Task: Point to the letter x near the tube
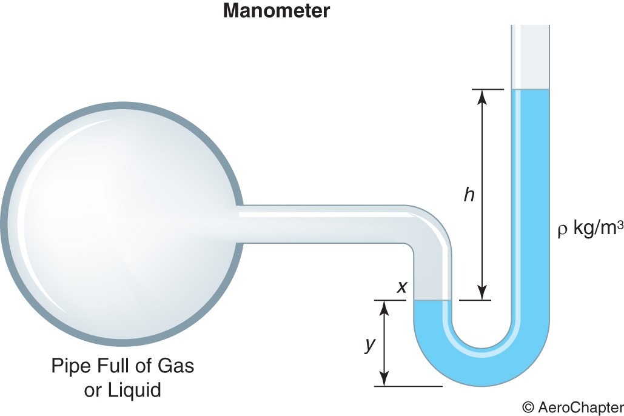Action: point(401,287)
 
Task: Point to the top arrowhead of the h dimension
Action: point(483,95)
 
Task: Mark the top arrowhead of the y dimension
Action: point(383,305)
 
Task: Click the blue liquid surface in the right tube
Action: point(531,90)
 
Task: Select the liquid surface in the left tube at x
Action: point(432,301)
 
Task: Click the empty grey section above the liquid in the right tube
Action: point(531,58)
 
